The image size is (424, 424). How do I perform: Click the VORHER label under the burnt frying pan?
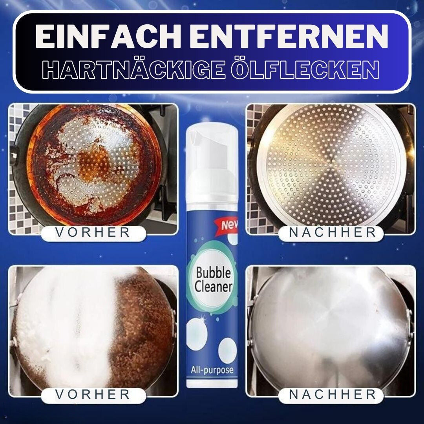[93, 232]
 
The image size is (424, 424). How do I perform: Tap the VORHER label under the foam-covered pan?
[93, 395]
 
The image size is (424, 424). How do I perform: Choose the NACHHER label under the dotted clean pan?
[333, 232]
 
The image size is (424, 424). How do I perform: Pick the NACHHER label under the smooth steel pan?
[333, 395]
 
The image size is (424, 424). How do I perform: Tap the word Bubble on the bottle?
[213, 273]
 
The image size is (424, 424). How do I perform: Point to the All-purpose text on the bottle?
[212, 370]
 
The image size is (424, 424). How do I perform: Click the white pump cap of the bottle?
[212, 162]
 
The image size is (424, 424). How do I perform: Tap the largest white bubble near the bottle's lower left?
[197, 334]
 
